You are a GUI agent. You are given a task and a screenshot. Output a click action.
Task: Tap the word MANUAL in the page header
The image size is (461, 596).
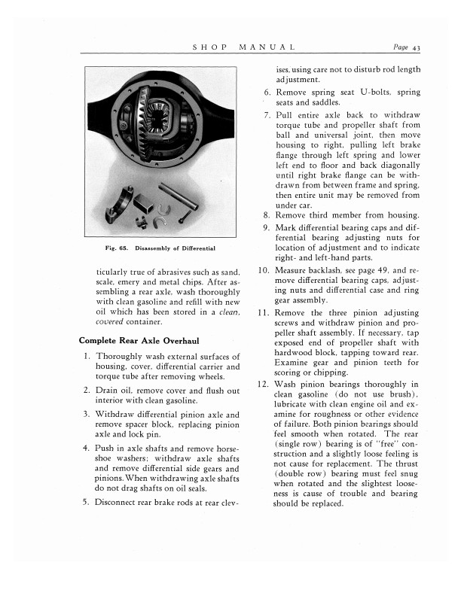pos(267,48)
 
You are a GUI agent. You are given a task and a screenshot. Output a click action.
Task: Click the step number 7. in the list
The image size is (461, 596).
pos(267,115)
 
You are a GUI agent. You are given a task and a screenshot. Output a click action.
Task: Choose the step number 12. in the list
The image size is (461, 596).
pos(264,383)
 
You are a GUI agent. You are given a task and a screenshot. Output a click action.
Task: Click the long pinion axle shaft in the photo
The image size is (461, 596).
pos(179,196)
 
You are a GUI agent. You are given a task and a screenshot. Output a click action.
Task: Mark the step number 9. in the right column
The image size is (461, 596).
pos(267,228)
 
